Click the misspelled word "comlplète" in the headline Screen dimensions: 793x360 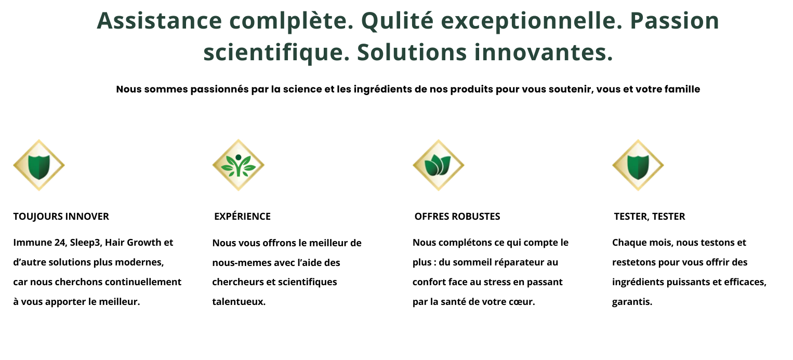coord(292,21)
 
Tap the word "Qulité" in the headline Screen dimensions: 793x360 coord(397,21)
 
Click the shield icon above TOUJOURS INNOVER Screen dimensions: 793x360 coord(39,165)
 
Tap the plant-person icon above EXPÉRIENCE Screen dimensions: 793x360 coord(238,165)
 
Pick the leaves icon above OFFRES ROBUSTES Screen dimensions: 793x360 coord(438,165)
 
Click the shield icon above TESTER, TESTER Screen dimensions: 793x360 coord(638,165)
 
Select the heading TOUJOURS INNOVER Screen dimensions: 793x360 coord(61,216)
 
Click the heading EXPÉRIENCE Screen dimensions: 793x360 coord(242,216)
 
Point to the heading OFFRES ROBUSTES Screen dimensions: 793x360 coord(457,216)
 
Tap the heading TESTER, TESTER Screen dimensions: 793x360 coord(649,216)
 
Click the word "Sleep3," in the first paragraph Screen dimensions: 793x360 coord(86,243)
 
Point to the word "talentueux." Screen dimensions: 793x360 coord(239,302)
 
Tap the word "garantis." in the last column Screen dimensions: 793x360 coord(632,302)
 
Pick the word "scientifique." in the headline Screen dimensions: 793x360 coord(276,53)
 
